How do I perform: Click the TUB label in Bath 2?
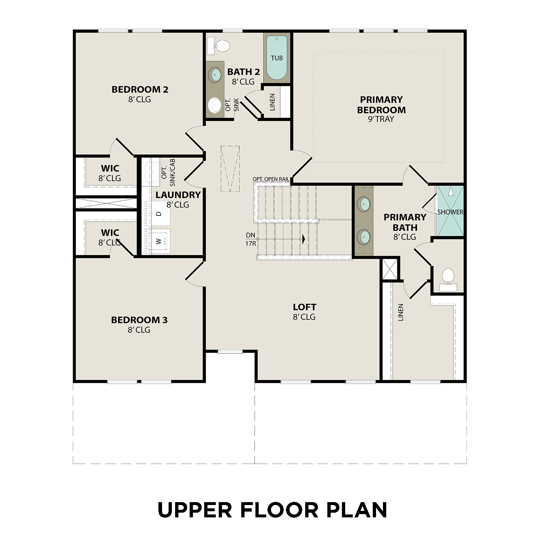pos(276,58)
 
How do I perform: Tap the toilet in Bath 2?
pos(219,46)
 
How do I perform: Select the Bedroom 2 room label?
pos(140,89)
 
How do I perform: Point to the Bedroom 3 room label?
pos(139,320)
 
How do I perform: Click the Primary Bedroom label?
pos(381,105)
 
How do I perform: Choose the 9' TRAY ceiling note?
pos(381,119)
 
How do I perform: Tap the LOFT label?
pos(304,307)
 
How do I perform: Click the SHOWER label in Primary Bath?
pos(450,212)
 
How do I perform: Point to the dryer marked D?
pos(158,214)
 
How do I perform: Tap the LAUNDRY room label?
pos(178,195)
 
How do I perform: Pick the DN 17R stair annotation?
pos(251,239)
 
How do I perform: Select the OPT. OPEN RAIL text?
pos(271,179)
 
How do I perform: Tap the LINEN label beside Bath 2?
pos(272,102)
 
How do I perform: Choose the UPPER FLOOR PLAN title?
pos(272,510)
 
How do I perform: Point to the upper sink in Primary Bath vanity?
pos(363,203)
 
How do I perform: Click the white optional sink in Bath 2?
pos(215,105)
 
